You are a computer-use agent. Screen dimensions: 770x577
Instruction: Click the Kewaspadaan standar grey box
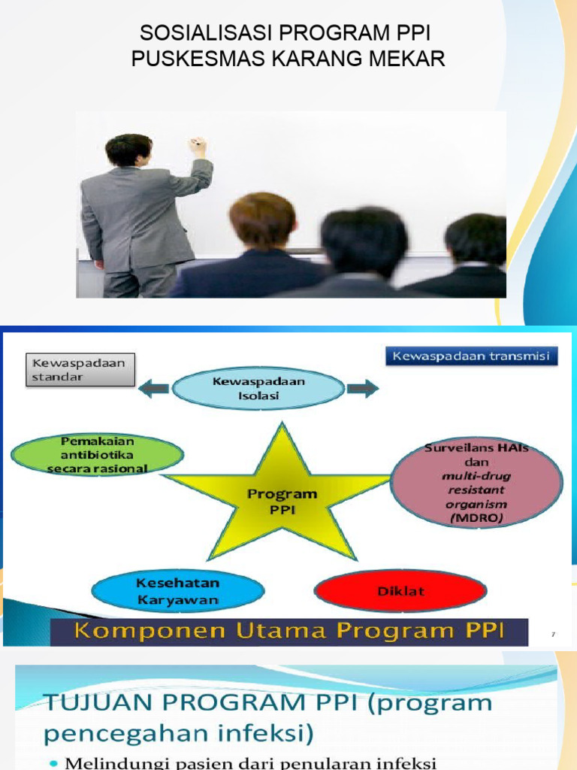point(79,370)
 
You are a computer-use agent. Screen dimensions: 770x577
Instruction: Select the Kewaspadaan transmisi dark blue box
point(471,355)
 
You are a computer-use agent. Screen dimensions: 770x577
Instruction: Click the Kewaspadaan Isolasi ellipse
point(258,388)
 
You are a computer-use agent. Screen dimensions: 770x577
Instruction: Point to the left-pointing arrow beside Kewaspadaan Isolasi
point(153,388)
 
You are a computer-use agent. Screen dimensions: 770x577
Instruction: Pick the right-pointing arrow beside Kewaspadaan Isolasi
point(362,388)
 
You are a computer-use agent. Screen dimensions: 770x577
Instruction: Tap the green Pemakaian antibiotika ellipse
point(97,455)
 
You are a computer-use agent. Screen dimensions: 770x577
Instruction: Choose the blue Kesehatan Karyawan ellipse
point(177,591)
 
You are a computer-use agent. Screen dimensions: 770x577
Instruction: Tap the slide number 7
point(553,635)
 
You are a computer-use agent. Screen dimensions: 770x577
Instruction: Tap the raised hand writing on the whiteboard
point(198,147)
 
